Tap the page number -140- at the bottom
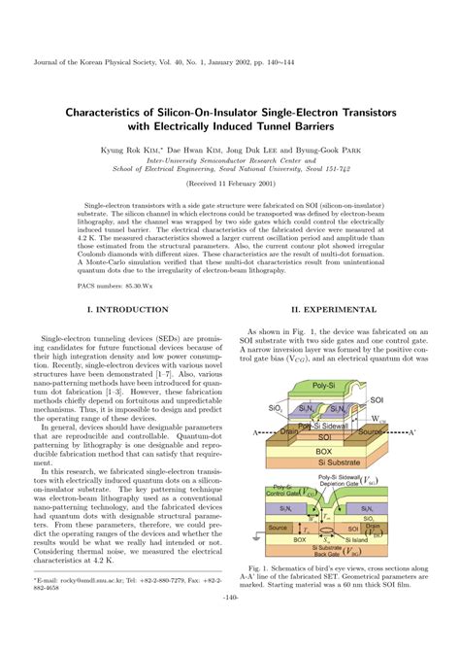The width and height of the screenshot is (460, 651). pos(230,624)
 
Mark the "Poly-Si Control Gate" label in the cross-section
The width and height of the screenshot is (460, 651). pos(284,492)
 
